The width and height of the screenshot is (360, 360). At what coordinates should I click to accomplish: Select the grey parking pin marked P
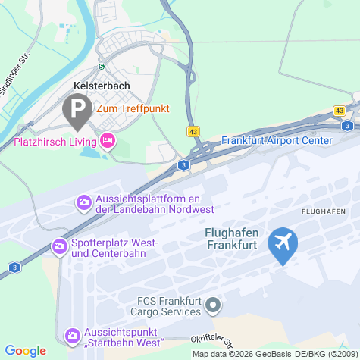coord(77,111)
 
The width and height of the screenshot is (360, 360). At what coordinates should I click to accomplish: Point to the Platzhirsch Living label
coord(52,141)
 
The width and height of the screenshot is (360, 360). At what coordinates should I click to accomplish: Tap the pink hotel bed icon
coord(108,140)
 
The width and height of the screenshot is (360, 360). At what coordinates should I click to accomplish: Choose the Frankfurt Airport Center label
coord(277,140)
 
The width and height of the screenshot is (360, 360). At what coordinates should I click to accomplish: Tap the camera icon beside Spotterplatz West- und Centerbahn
coord(58,246)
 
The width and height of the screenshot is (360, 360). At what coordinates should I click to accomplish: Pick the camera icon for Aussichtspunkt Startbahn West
coord(72,334)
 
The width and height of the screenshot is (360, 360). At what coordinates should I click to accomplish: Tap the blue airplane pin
coord(283,244)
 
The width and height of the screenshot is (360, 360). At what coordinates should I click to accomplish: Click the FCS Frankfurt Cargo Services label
coord(158,305)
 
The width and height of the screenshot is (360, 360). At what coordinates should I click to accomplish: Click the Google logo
coord(25,350)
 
